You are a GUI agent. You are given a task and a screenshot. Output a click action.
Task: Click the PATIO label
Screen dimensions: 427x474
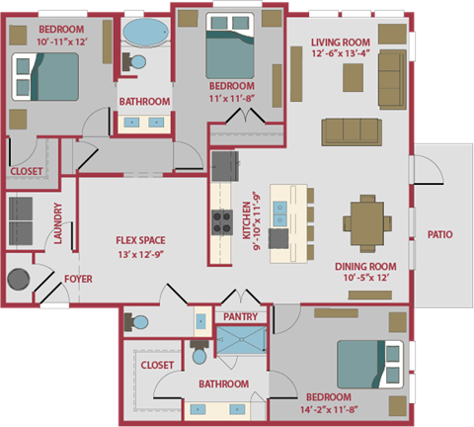pyautogui.click(x=439, y=235)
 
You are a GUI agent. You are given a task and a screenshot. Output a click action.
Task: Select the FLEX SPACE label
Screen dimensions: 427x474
pyautogui.click(x=139, y=240)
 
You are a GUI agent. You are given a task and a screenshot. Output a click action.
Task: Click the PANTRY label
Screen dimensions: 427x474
pyautogui.click(x=241, y=317)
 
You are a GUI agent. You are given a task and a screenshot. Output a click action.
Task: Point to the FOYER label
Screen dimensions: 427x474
pyautogui.click(x=78, y=280)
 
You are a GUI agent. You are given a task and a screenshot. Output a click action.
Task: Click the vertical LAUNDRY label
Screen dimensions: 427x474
pyautogui.click(x=59, y=224)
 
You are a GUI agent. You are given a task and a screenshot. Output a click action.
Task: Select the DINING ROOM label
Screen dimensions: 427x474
pyautogui.click(x=365, y=266)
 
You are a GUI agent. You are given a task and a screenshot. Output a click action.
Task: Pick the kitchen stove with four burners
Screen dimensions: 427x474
pyautogui.click(x=219, y=218)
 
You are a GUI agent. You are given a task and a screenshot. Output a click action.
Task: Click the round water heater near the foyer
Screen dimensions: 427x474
pyautogui.click(x=19, y=280)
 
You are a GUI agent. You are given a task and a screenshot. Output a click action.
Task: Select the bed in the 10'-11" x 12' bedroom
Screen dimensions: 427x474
pyautogui.click(x=47, y=76)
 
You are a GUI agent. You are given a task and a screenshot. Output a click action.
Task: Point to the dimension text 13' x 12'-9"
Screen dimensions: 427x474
pyautogui.click(x=139, y=255)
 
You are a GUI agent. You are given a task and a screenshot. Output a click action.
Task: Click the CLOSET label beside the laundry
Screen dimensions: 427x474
pyautogui.click(x=27, y=171)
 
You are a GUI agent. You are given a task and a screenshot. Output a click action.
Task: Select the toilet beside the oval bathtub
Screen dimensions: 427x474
pyautogui.click(x=135, y=62)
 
